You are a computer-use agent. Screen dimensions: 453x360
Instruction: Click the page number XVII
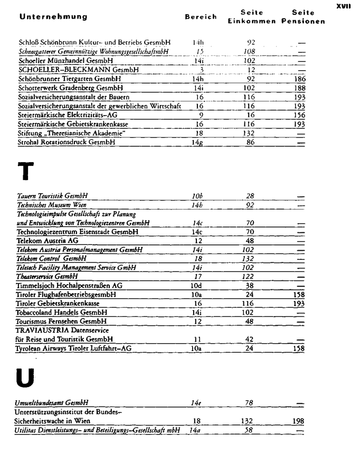coord(343,6)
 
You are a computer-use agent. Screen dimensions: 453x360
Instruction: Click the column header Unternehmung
coord(53,17)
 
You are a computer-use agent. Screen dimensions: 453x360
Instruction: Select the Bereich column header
coord(201,17)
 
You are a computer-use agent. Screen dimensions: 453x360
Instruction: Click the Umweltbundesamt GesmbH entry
coord(51,403)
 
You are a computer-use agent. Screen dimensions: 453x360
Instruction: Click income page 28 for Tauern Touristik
coord(250,195)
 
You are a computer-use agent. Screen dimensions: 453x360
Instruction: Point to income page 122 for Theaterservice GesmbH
coord(250,276)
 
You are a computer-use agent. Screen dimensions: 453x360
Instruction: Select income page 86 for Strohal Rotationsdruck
coord(251,143)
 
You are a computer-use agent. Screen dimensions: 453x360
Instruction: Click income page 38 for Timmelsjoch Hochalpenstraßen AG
coord(250,285)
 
